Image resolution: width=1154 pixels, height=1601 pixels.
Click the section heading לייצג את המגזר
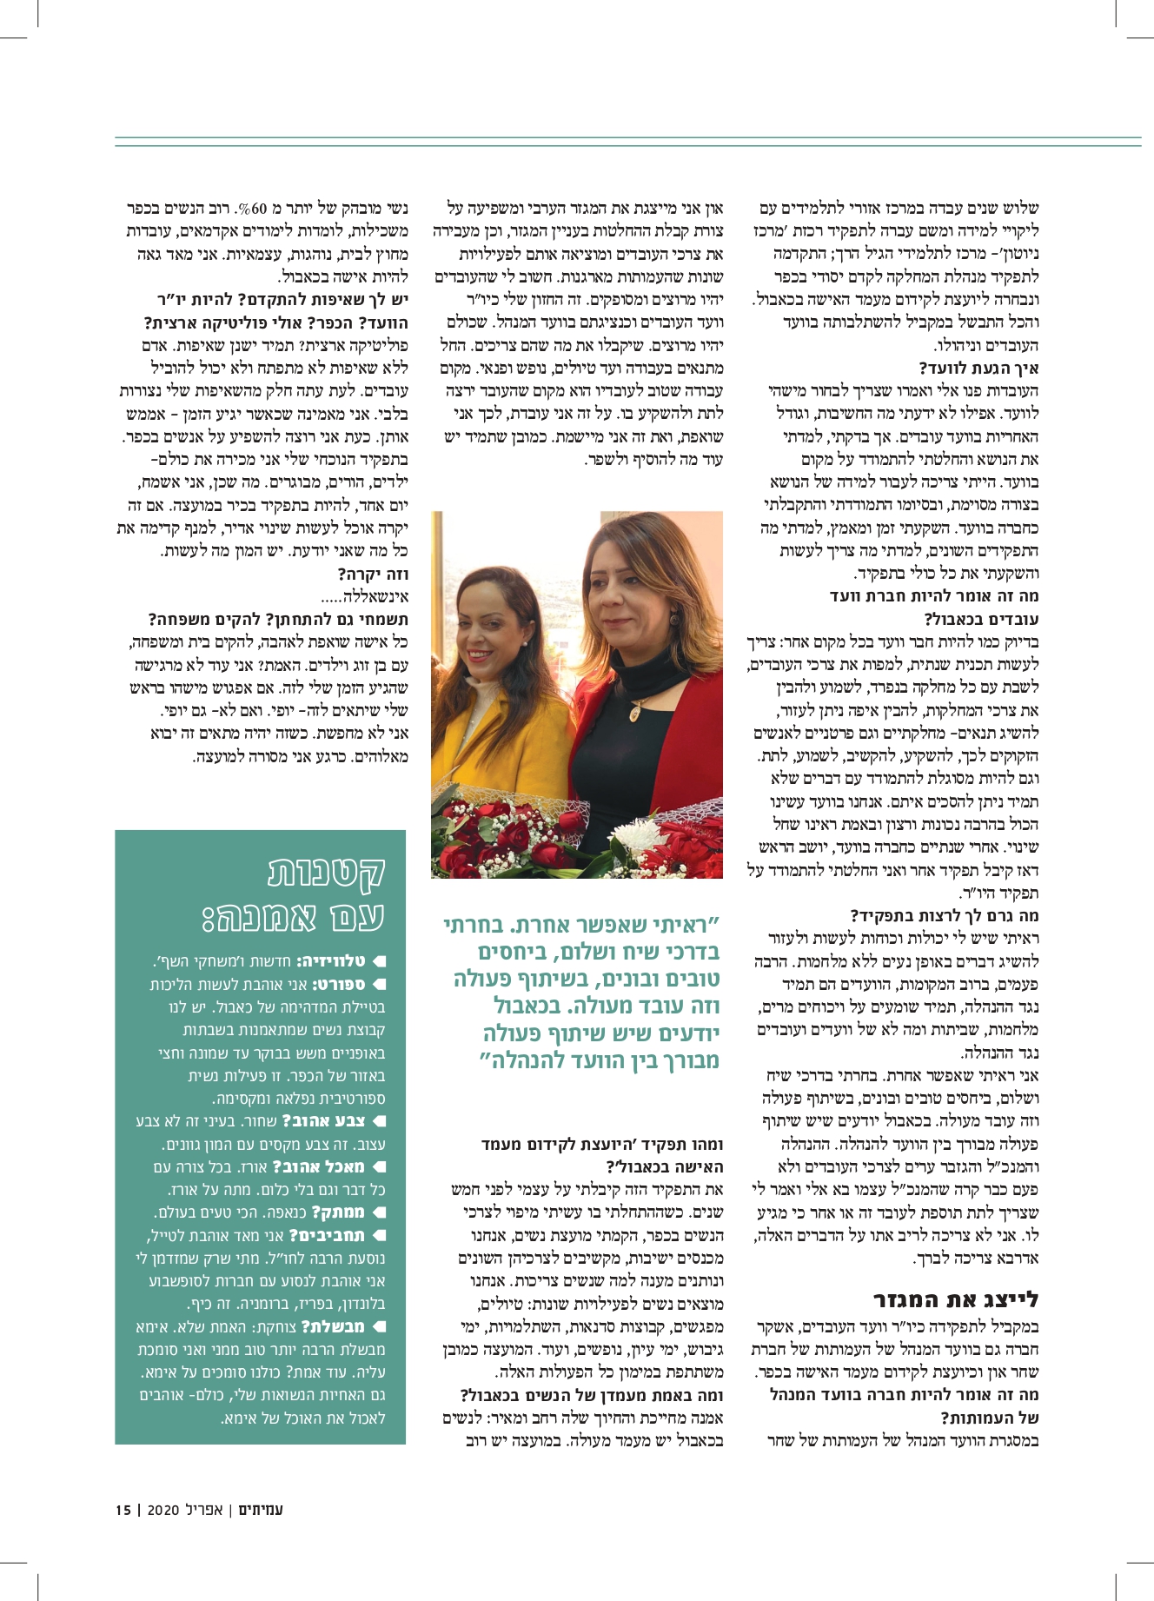tap(956, 1300)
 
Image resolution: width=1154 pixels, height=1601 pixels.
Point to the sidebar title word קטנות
tap(327, 871)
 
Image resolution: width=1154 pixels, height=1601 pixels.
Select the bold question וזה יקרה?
tap(373, 575)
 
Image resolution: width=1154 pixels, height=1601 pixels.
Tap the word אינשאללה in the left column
tap(375, 597)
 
